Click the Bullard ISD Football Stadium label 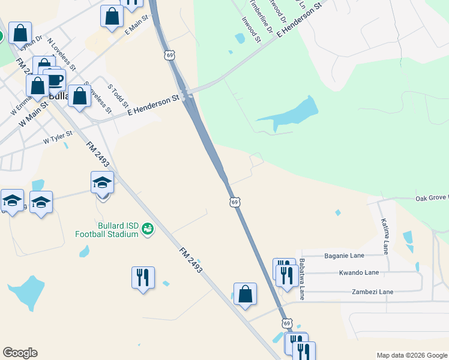coord(107,230)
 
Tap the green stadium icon coord(147,229)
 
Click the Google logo coord(20,353)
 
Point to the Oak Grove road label coord(432,198)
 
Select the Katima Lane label coord(385,236)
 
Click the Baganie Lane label coord(344,256)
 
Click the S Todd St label coord(118,95)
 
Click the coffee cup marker coord(55,79)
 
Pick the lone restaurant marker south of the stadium coord(143,277)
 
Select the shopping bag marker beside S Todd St coord(79,96)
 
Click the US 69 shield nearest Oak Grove coord(235,202)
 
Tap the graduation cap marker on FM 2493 coord(103,182)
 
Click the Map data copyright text coord(411,355)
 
